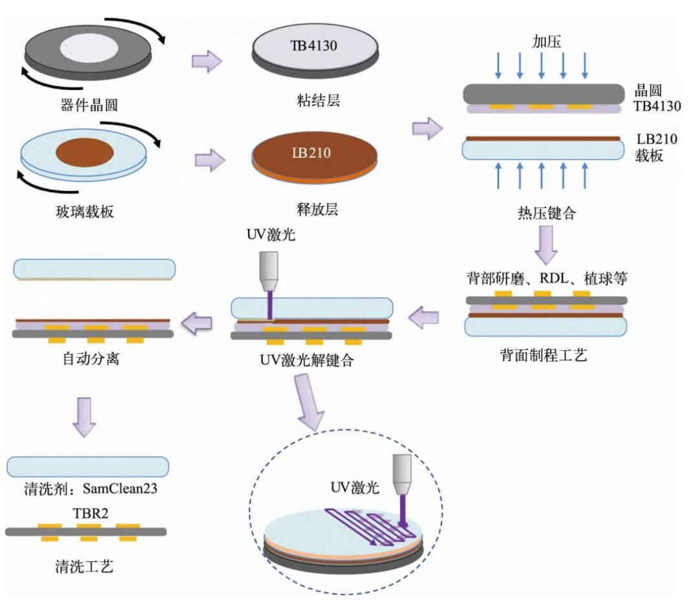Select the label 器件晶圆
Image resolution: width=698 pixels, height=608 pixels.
click(87, 102)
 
